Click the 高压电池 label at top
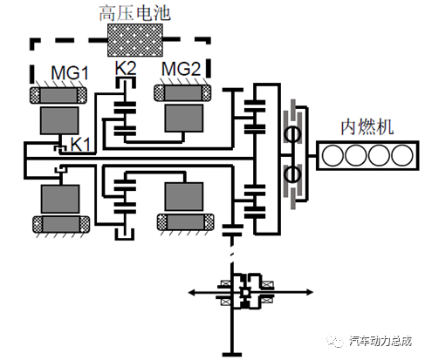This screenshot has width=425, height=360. click(x=134, y=13)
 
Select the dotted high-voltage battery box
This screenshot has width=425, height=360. click(x=135, y=40)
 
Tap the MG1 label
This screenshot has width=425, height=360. click(x=70, y=72)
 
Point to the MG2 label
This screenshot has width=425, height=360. click(x=181, y=69)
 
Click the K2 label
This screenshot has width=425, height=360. click(x=126, y=68)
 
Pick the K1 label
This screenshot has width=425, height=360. click(x=80, y=144)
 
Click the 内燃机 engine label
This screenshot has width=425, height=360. click(x=367, y=127)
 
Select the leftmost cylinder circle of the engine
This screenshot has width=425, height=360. click(x=332, y=155)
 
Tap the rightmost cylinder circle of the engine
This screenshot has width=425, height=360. click(x=401, y=155)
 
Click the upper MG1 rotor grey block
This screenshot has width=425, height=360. click(x=59, y=120)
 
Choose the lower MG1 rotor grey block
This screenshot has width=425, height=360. click(x=60, y=199)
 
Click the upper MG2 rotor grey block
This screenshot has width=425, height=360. click(x=184, y=119)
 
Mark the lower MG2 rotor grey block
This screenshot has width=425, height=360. click(x=184, y=197)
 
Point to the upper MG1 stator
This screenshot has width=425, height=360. click(x=58, y=95)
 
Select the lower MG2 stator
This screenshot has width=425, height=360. click(x=186, y=222)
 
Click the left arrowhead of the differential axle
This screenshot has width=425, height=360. click(x=192, y=292)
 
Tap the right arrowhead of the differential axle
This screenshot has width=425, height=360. click(x=309, y=292)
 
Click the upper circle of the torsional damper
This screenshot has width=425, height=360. click(x=292, y=134)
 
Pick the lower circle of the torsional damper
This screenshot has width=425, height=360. click(x=292, y=174)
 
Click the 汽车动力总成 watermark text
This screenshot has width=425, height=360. click(x=380, y=341)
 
